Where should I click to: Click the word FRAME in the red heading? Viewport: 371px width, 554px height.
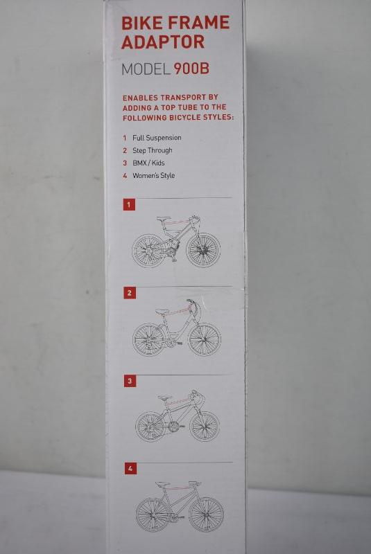coord(199,23)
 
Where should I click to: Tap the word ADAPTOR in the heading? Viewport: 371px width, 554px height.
coord(163,42)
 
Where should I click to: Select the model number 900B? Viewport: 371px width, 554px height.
coord(191,68)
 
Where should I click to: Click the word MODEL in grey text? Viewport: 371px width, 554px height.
coord(146,69)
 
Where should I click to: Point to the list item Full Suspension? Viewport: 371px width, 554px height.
coord(157,138)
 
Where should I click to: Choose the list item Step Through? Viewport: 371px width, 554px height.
coord(153,150)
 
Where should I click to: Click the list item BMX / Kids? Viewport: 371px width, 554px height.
coord(148,163)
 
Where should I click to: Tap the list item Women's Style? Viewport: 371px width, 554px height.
coord(153,175)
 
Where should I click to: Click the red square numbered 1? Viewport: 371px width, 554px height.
coord(129,204)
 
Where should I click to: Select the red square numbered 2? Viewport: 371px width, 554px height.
coord(130,292)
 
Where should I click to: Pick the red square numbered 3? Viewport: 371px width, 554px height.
coord(130,381)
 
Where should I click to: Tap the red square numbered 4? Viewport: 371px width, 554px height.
coord(130,469)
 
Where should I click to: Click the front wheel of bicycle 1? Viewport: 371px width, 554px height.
coord(203,250)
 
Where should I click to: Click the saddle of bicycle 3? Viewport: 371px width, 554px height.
coord(165,397)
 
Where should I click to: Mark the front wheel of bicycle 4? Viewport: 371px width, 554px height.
coord(206,515)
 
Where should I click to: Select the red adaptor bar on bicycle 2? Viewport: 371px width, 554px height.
coord(180,312)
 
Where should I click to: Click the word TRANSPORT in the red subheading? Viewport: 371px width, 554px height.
coord(184,97)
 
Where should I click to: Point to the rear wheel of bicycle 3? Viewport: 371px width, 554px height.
coord(150,427)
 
